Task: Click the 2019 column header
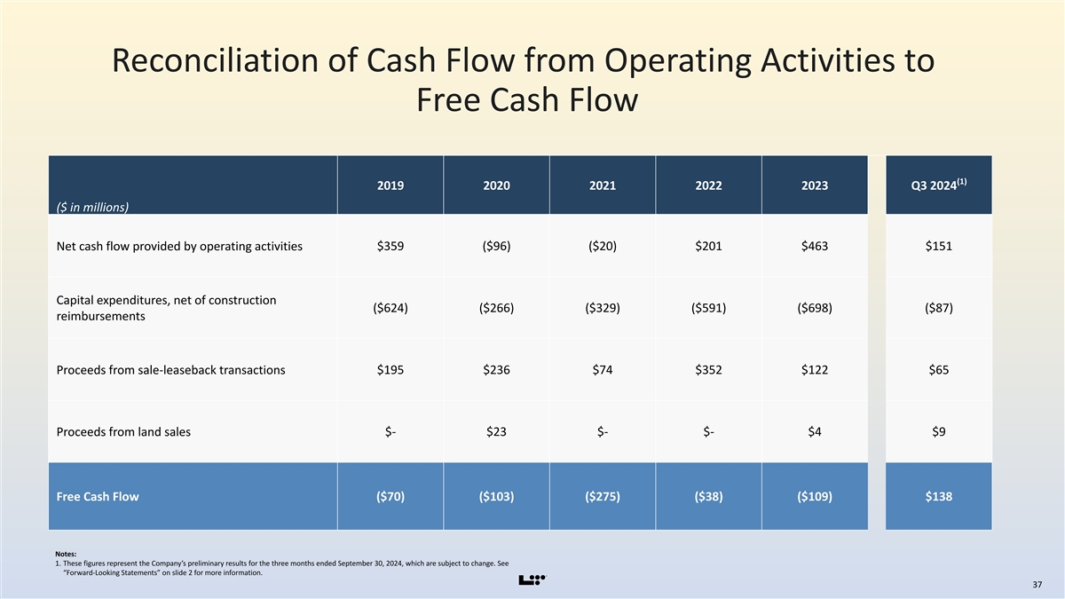[x=390, y=185]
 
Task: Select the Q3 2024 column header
[x=939, y=185]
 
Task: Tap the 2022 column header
[x=708, y=185]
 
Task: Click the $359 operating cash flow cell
[x=390, y=247]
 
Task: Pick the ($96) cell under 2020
[x=496, y=247]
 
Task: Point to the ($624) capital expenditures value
[x=390, y=308]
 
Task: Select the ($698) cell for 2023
[x=815, y=308]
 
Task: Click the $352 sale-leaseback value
[x=708, y=370]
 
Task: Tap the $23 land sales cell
[x=496, y=431]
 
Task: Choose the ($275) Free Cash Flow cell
[x=603, y=497]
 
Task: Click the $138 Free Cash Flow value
[x=939, y=497]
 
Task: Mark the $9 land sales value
[x=939, y=431]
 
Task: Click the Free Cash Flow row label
[x=98, y=497]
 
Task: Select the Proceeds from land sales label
[x=123, y=431]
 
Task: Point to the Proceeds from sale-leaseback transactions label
[x=170, y=370]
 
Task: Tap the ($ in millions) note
[x=92, y=208]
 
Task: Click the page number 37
[x=1037, y=585]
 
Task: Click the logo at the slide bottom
[x=532, y=580]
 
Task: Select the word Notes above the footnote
[x=66, y=554]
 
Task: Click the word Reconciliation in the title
[x=215, y=60]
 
